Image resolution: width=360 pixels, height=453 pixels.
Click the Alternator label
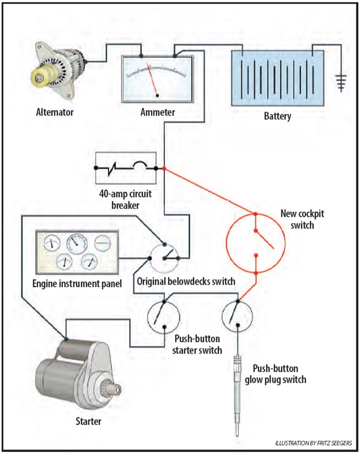point(55,112)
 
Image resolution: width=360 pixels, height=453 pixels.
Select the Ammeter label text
point(157,112)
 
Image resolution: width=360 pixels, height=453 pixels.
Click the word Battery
point(277,116)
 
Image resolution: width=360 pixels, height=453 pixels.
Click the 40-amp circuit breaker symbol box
point(126,168)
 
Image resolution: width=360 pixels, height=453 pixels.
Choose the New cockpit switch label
point(302,219)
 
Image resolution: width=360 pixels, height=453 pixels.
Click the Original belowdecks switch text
point(186,282)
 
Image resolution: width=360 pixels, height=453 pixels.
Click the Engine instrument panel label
point(77,284)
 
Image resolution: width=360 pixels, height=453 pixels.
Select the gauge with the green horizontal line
point(103,244)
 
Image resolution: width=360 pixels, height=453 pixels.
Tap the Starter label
point(88,421)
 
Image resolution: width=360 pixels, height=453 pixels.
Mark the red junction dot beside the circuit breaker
point(164,168)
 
